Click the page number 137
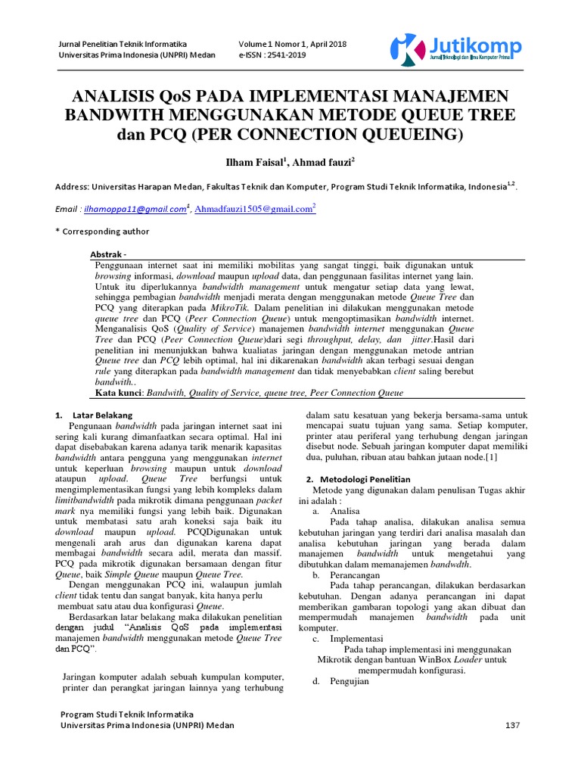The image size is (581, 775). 513,725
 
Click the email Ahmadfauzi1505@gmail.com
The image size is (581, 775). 253,210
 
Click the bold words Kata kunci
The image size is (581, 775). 120,394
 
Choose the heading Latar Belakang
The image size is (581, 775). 102,416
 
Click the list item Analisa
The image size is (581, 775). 344,512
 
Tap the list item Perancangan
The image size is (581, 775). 354,575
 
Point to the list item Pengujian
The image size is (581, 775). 350,681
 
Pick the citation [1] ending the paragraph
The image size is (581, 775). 491,457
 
